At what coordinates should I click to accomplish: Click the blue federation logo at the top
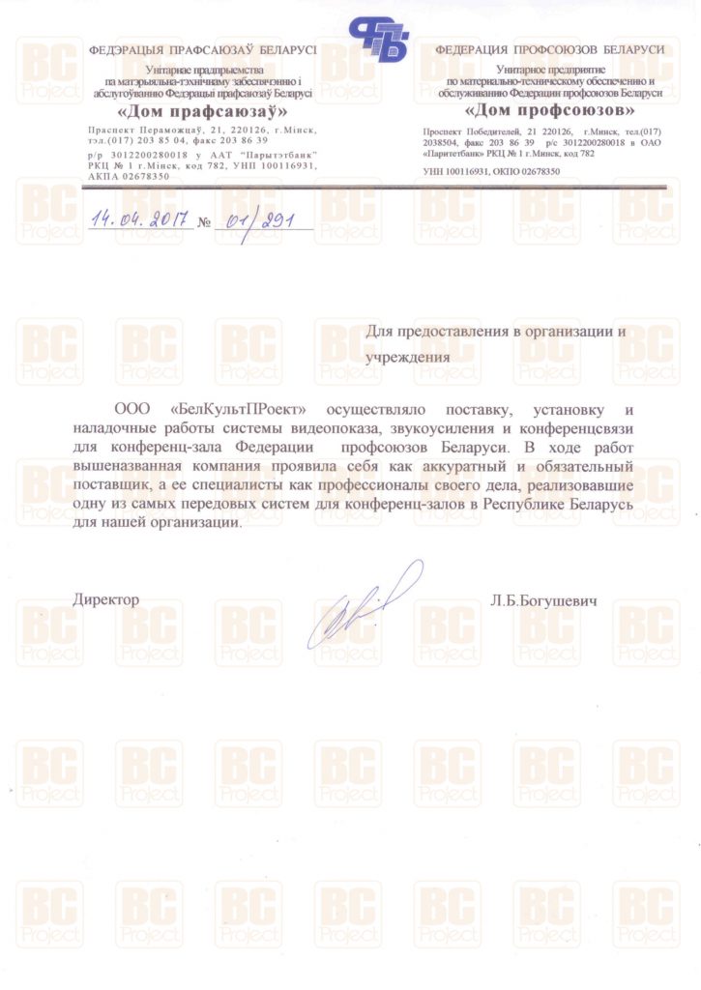click(x=380, y=40)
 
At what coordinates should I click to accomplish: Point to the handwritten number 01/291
click(x=256, y=219)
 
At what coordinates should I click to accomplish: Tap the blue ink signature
click(x=363, y=605)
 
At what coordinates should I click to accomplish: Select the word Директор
click(x=106, y=600)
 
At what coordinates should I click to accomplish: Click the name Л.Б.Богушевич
click(x=544, y=600)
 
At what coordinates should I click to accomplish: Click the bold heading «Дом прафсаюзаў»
click(x=202, y=111)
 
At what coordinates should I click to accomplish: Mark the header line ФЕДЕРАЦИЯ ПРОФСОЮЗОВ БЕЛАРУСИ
click(x=549, y=49)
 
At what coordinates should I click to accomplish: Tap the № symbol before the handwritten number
click(x=203, y=222)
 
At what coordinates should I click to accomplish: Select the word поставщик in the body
click(x=110, y=484)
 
